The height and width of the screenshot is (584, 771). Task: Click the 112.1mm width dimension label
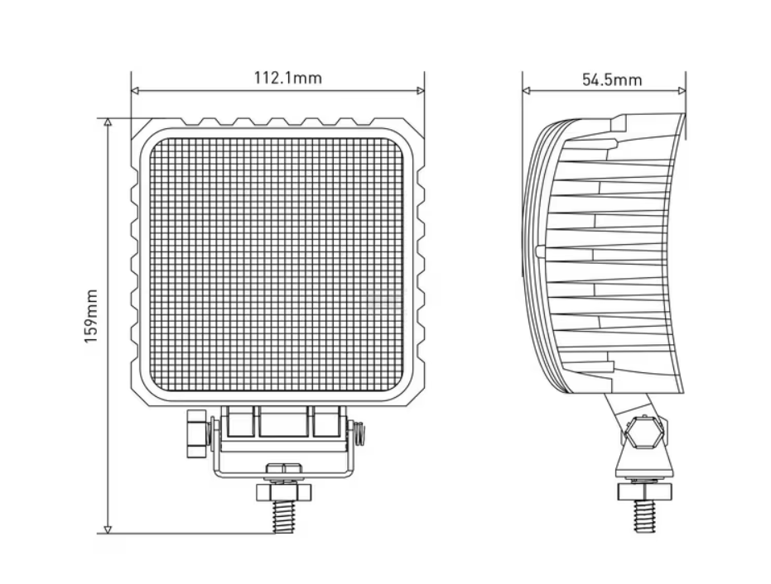(287, 78)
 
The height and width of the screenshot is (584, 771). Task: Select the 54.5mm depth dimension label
(612, 79)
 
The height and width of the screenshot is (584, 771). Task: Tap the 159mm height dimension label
(91, 316)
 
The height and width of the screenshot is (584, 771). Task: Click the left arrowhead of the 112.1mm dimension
(135, 90)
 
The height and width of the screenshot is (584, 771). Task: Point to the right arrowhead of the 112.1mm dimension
(421, 90)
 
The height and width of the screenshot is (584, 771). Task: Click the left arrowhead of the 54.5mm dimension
(526, 90)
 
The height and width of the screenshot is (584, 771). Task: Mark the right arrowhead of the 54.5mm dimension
(682, 90)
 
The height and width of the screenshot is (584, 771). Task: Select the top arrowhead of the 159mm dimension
(108, 122)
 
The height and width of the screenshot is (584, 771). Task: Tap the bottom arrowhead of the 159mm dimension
(108, 529)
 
